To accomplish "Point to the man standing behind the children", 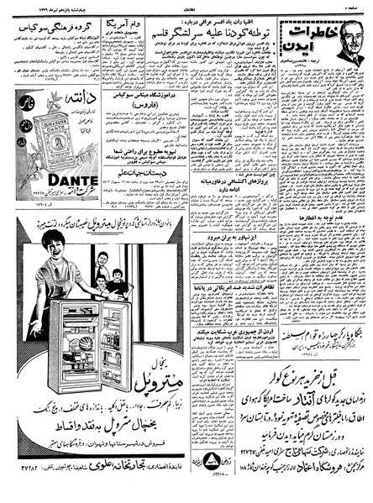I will tap(102, 263).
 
